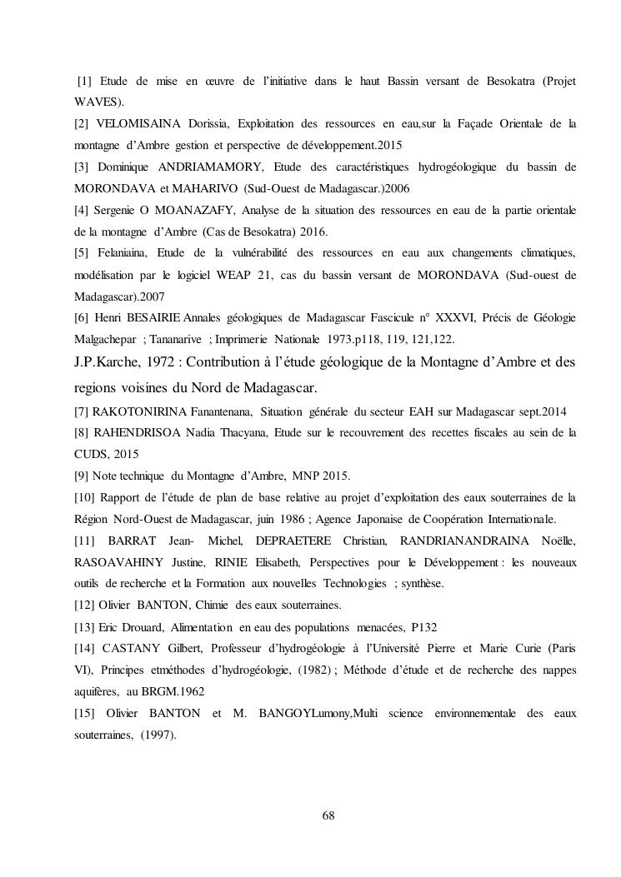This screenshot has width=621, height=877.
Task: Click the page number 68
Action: click(x=328, y=815)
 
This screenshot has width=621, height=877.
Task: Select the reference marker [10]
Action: click(x=85, y=498)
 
